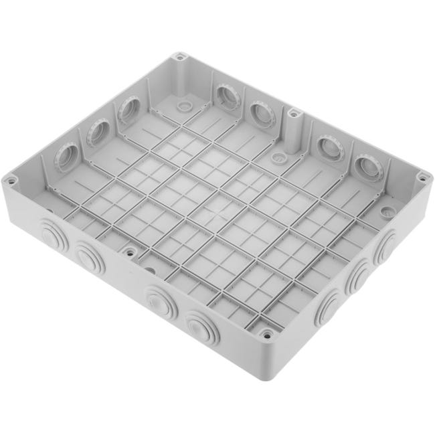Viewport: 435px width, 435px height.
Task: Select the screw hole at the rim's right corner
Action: tap(422, 177)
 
